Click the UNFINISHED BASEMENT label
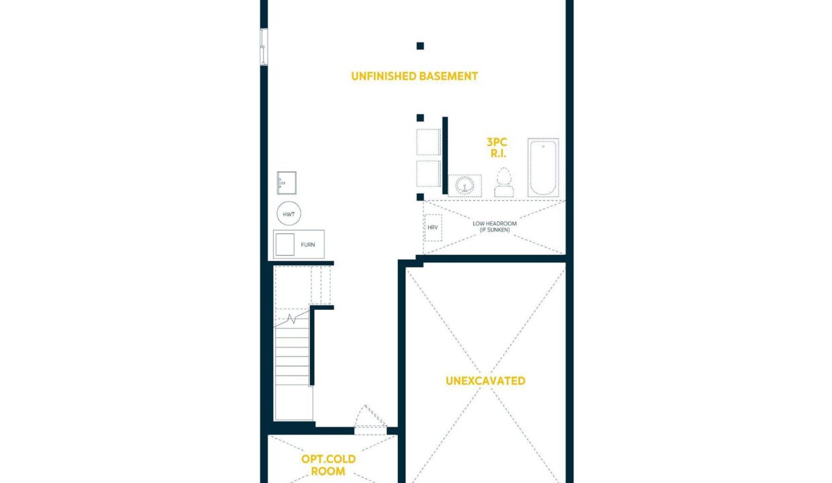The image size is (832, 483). click(414, 76)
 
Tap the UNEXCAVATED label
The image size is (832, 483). click(486, 381)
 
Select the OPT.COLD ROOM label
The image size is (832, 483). click(328, 465)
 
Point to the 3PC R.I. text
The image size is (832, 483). click(497, 148)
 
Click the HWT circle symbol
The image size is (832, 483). click(289, 213)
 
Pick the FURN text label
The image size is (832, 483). click(307, 245)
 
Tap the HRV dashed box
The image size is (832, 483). click(433, 227)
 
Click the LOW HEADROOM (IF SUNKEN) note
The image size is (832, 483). click(495, 227)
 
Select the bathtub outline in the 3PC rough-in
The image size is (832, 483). click(543, 168)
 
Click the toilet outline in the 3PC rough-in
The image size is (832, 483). click(504, 182)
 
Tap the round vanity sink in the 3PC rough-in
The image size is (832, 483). click(465, 185)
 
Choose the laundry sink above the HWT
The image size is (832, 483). click(287, 182)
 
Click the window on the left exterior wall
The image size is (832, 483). click(264, 47)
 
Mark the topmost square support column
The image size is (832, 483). click(420, 46)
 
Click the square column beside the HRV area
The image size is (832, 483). click(420, 197)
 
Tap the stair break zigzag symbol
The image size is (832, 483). click(292, 319)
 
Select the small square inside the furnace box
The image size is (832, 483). click(285, 244)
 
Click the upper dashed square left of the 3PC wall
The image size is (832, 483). click(428, 142)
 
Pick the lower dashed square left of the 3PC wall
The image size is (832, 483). click(428, 173)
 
